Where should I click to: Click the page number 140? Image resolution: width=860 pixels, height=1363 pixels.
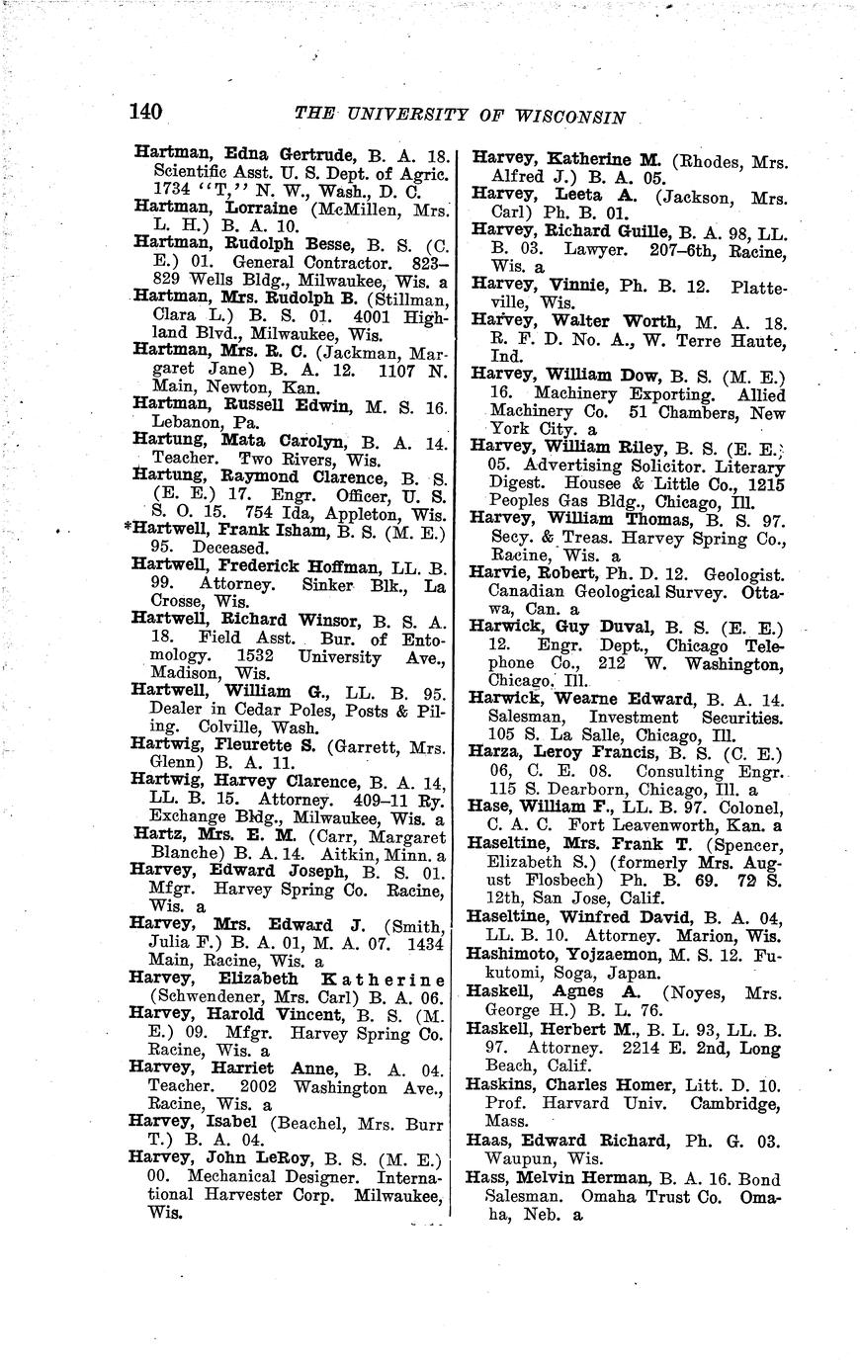144,112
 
